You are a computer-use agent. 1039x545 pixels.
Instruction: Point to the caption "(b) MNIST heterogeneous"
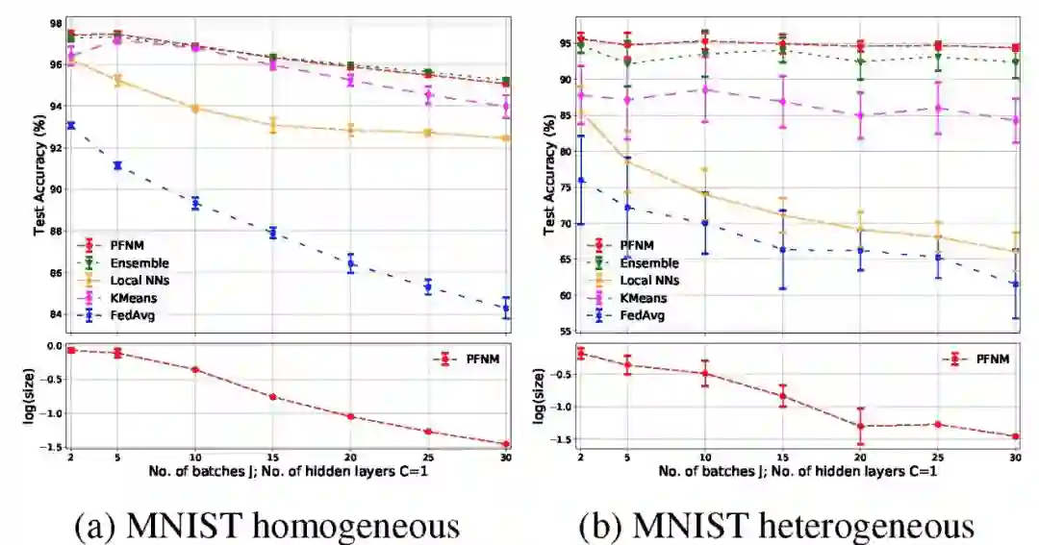pyautogui.click(x=776, y=526)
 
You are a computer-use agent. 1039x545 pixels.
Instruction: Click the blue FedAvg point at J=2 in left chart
pyautogui.click(x=71, y=125)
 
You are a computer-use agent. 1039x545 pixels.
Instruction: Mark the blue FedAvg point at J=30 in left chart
pyautogui.click(x=505, y=309)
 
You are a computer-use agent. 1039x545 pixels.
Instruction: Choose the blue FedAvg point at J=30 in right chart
pyautogui.click(x=1014, y=284)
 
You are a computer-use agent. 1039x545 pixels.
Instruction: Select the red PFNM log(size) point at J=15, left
pyautogui.click(x=273, y=397)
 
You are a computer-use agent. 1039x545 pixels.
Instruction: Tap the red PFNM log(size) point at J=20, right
pyautogui.click(x=860, y=426)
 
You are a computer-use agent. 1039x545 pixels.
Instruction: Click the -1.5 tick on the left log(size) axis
pyautogui.click(x=52, y=447)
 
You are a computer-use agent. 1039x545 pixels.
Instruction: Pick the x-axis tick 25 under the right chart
pyautogui.click(x=937, y=457)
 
